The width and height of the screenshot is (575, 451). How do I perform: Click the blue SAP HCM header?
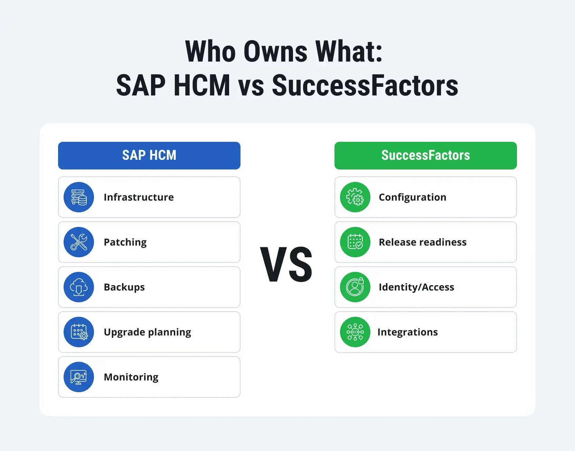click(x=149, y=155)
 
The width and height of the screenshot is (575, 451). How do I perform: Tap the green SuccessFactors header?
click(x=425, y=155)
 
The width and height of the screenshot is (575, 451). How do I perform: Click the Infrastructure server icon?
click(x=79, y=197)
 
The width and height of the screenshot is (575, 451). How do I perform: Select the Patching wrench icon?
click(x=79, y=242)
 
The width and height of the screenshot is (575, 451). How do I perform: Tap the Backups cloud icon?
click(x=79, y=287)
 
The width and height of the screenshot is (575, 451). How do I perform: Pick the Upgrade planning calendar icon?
click(x=79, y=332)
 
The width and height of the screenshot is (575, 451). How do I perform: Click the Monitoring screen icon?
click(x=79, y=377)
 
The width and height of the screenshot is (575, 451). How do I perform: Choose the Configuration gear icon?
click(x=355, y=197)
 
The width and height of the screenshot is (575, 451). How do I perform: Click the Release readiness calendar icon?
click(x=355, y=242)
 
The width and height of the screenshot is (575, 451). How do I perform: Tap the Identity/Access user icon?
click(x=355, y=287)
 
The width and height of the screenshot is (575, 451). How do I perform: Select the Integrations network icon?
click(x=355, y=332)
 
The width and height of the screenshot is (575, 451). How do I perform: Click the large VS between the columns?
click(x=286, y=265)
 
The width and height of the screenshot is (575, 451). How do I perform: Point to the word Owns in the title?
click(x=275, y=52)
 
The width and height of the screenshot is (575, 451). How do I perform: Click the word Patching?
click(x=125, y=242)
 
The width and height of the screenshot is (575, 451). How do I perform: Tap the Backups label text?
click(x=124, y=287)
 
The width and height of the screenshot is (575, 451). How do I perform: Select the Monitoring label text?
click(x=131, y=377)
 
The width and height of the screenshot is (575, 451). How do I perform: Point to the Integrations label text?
click(x=407, y=332)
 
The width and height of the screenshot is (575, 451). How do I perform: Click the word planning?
click(x=169, y=332)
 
